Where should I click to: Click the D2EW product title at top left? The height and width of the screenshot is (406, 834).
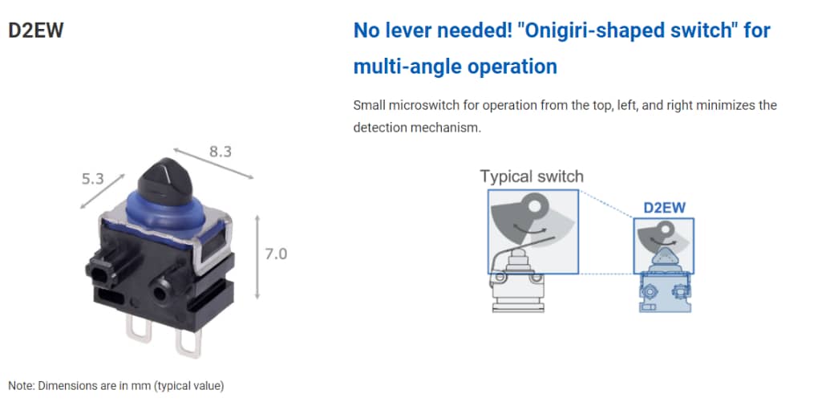pos(35,31)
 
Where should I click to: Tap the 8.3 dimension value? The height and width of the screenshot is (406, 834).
pos(220,150)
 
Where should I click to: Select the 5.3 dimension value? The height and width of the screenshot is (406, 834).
pos(92,178)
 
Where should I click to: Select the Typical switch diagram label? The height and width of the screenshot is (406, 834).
pos(532,176)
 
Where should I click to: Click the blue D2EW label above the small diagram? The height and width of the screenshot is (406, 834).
pos(665,208)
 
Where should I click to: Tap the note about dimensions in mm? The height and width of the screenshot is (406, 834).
pos(115,385)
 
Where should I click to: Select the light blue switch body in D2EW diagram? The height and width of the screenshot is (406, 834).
pos(665,293)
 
